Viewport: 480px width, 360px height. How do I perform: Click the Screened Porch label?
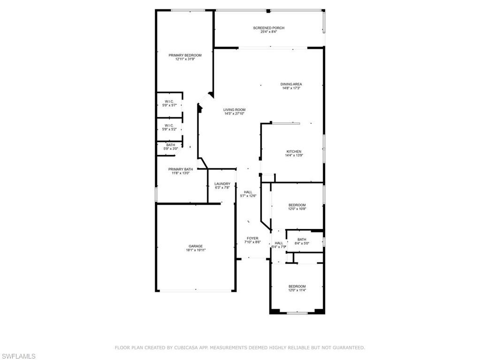coord(268,28)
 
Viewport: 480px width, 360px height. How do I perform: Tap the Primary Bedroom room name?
coord(185,55)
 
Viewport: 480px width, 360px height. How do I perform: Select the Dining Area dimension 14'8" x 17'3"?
coord(291,88)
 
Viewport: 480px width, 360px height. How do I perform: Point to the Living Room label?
coord(234,110)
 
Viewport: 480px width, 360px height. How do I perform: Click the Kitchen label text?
coord(290,152)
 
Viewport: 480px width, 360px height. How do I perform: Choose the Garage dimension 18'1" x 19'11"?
coord(196,250)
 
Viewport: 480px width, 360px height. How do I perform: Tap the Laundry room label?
coord(222,184)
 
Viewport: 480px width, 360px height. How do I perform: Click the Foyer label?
coord(252,238)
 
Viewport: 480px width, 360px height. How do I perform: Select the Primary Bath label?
coord(181,169)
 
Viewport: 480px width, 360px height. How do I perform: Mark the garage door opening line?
coord(196,291)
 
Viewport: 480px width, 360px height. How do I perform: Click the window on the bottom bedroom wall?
coord(297,313)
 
